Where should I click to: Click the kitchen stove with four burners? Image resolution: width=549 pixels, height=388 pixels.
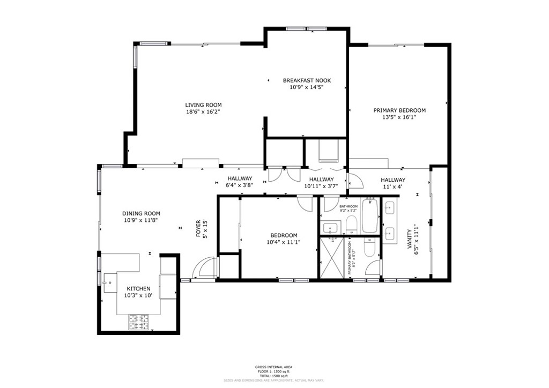[x=138, y=322]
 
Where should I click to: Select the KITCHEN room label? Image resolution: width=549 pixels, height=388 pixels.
[x=138, y=288]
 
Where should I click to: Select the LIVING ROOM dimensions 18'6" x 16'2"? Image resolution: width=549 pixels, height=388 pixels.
[x=203, y=112]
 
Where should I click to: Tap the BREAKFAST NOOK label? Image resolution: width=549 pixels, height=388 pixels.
[x=307, y=80]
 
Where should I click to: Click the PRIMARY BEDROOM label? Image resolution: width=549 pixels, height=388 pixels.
[x=399, y=110]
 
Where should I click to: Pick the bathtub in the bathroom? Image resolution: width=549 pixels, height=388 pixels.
[x=369, y=215]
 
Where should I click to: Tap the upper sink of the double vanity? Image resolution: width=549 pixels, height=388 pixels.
[x=390, y=207]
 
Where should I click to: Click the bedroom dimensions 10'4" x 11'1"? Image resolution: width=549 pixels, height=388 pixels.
[x=283, y=242]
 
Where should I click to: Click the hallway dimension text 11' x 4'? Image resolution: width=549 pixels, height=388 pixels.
[x=393, y=186]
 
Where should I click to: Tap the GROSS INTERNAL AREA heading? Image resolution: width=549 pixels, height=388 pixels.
[x=273, y=367]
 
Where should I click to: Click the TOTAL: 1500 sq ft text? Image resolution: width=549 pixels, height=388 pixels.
[x=273, y=376]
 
